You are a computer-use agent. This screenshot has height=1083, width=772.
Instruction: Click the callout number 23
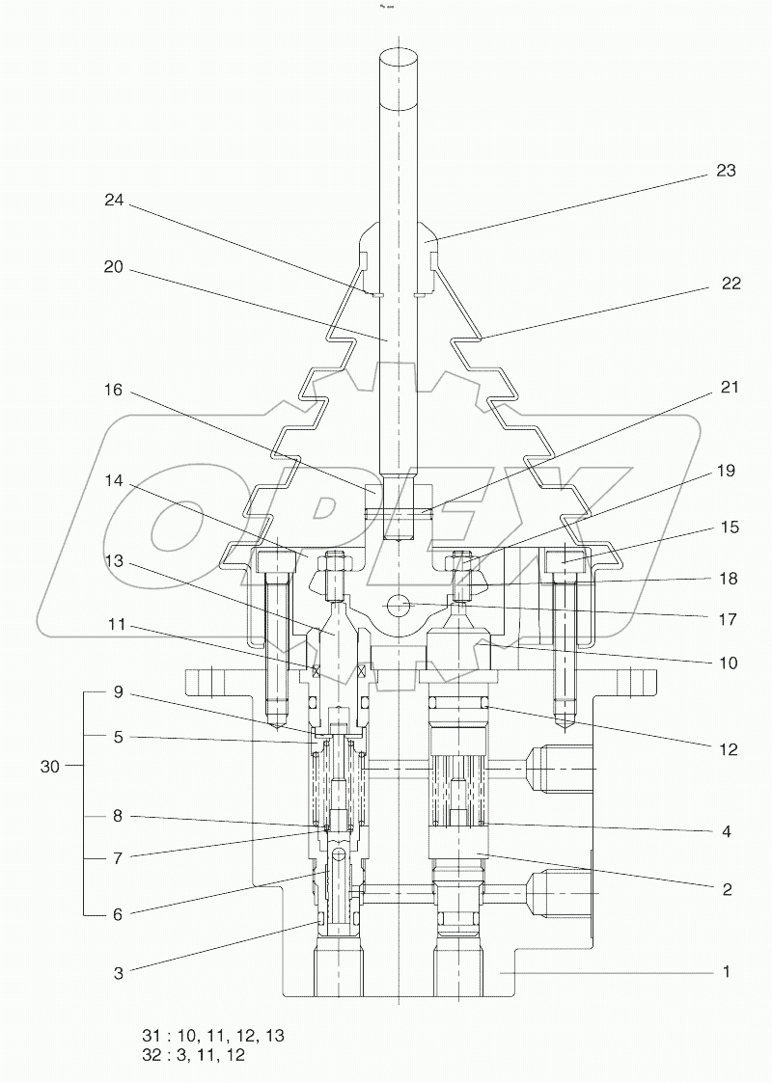point(726,171)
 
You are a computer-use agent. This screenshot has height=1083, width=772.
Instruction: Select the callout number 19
point(726,471)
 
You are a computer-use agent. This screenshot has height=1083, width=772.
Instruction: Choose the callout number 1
point(726,972)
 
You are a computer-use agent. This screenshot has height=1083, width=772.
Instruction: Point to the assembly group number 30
point(51,767)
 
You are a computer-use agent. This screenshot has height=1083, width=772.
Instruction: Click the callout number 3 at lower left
point(119,973)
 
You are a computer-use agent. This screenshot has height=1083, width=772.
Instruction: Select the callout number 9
point(117,690)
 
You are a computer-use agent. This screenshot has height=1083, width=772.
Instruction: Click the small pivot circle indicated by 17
point(396,607)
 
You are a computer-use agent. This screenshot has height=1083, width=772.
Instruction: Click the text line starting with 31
point(213,1035)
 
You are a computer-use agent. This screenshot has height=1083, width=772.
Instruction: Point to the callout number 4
point(726,830)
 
